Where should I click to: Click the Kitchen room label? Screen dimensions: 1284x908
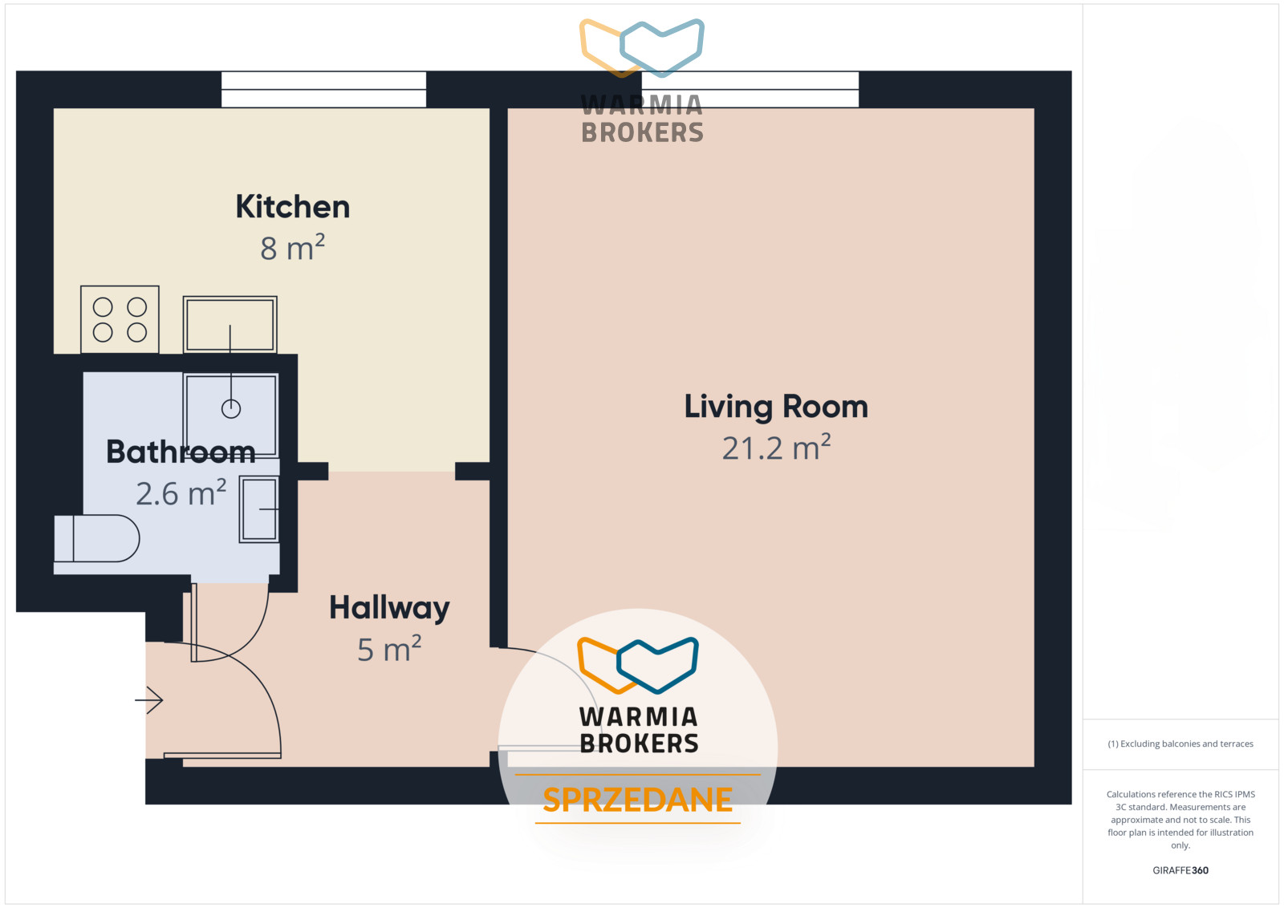tap(292, 206)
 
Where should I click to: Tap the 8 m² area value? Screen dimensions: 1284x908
tap(292, 248)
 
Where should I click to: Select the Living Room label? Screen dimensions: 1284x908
tap(776, 407)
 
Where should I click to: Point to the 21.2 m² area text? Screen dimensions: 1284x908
tap(776, 448)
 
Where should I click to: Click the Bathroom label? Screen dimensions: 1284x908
tap(181, 452)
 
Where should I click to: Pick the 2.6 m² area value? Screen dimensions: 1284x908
tap(181, 493)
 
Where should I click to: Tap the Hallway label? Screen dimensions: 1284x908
tap(389, 608)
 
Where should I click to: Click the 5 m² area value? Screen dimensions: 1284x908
tap(389, 649)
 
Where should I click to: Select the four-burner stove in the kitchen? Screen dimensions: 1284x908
tap(120, 319)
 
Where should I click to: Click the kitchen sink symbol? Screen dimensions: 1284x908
tap(230, 324)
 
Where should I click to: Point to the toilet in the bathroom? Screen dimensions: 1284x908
tap(97, 538)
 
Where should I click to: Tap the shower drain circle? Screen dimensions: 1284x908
tap(231, 409)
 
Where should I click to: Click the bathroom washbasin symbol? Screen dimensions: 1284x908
tap(259, 509)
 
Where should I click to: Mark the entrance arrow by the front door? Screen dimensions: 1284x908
tap(149, 700)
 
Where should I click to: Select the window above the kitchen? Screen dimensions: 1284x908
tap(324, 89)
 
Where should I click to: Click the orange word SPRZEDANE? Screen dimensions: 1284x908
tap(637, 800)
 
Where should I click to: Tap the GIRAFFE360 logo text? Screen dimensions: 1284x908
tap(1180, 870)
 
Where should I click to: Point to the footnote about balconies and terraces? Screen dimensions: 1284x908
tap(1180, 744)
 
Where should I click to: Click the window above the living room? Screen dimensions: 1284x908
tap(750, 89)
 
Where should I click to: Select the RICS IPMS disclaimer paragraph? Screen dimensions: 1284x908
tap(1180, 819)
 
